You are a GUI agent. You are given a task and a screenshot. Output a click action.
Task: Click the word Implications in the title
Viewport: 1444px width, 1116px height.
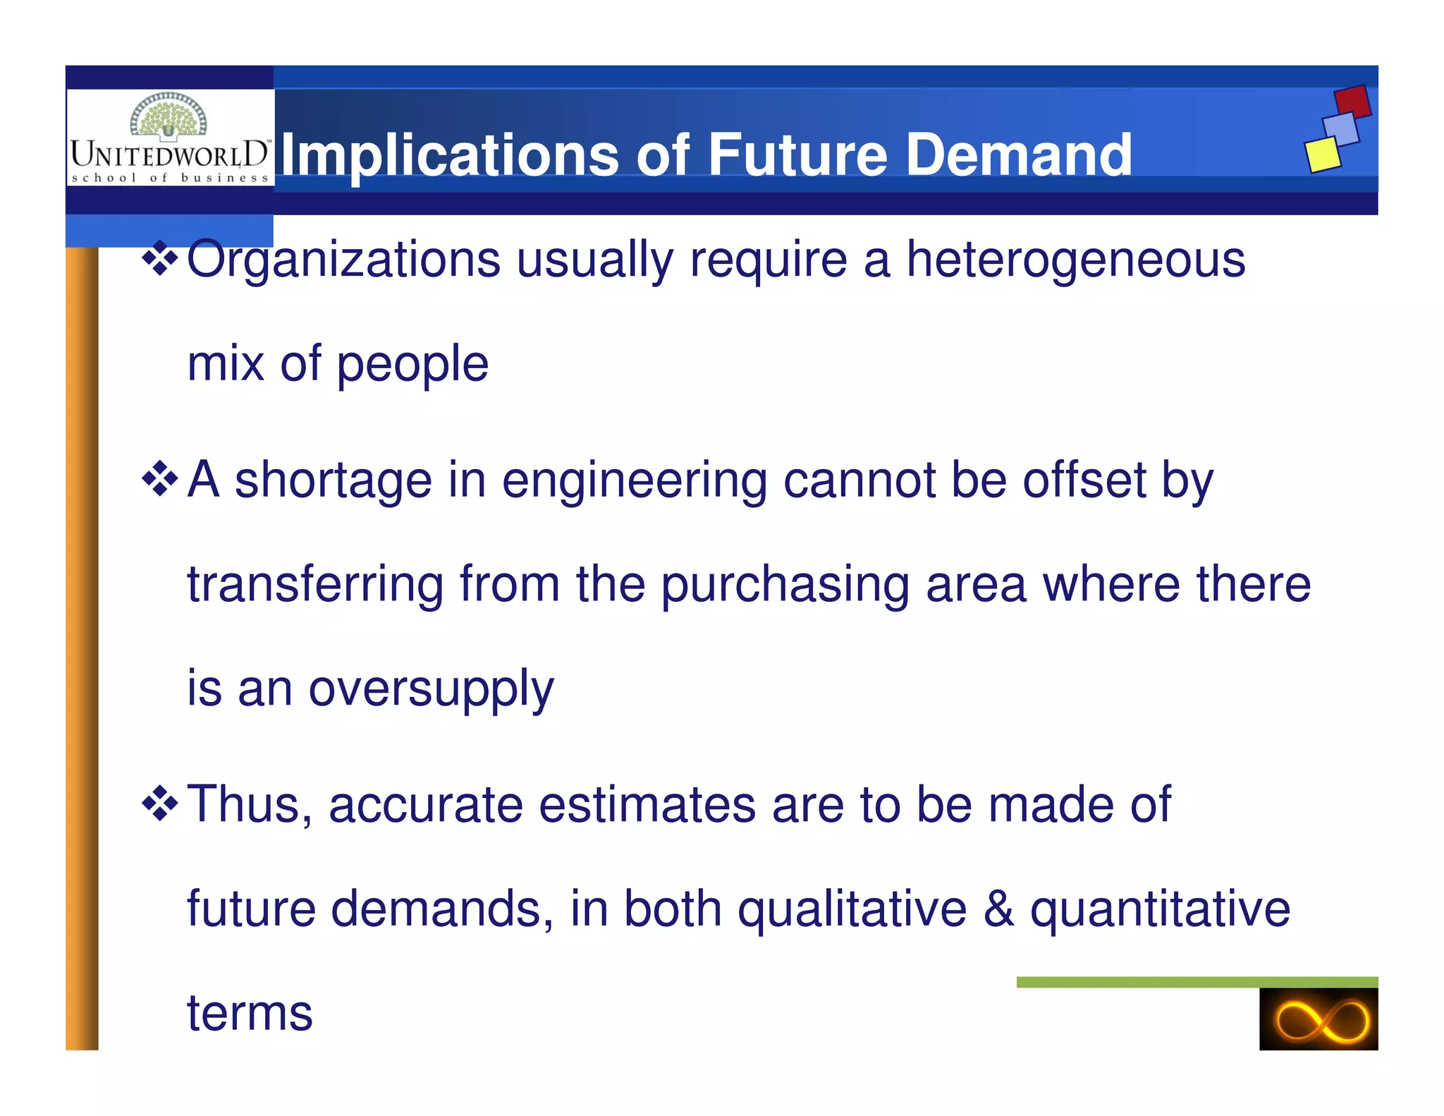coord(450,155)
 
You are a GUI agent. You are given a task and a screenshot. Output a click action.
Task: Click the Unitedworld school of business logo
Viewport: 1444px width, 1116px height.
coord(170,139)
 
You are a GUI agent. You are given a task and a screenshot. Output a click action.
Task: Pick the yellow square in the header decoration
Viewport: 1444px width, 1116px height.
coord(1322,154)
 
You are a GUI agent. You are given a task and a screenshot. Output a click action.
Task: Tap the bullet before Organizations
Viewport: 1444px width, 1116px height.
coord(160,259)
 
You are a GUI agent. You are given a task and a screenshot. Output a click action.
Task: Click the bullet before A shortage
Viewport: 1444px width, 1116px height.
coord(160,480)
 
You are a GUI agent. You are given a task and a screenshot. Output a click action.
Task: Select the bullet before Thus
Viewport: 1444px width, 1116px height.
coord(160,804)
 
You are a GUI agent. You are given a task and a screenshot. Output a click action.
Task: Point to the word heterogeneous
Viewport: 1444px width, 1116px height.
coord(1075,260)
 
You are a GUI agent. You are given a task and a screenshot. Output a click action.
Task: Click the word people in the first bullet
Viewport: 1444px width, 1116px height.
coord(412,365)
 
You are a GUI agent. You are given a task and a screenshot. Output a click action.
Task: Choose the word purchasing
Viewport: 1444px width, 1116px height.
coord(785,586)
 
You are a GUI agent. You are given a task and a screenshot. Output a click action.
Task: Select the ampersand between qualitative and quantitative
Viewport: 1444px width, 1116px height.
coord(998,909)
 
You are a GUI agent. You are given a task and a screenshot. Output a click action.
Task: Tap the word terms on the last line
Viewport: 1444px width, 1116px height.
coord(250,1013)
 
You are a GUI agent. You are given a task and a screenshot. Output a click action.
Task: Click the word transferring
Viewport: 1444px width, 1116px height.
coord(315,586)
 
